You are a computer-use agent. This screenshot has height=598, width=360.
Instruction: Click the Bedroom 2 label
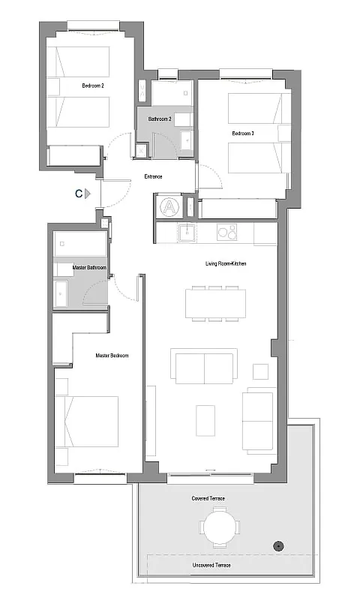tap(93, 86)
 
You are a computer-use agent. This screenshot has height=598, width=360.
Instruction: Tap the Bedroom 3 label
tap(243, 134)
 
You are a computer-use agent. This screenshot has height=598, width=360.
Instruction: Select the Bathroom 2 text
tap(160, 119)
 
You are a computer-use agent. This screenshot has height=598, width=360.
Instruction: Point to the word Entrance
tap(153, 176)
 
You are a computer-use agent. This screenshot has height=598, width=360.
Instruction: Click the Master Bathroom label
tap(89, 268)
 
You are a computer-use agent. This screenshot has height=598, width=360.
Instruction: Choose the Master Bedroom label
tap(112, 356)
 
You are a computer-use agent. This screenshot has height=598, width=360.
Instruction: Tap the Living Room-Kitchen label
tap(226, 263)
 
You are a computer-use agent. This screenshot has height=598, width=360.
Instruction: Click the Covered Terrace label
tap(208, 498)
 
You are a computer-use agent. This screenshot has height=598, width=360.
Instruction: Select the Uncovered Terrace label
tap(211, 565)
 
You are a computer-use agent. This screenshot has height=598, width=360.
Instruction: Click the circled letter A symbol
tap(169, 207)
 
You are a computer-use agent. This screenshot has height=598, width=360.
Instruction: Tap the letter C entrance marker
tap(79, 194)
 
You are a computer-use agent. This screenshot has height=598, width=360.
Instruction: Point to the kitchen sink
tap(187, 233)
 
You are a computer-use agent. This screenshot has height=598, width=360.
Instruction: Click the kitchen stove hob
tap(227, 232)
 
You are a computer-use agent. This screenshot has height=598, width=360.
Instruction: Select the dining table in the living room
tap(215, 304)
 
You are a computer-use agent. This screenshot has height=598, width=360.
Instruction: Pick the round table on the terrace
tap(219, 527)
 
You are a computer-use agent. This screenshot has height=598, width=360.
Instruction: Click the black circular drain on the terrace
tap(279, 546)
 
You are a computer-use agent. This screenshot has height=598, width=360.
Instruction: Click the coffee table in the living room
tap(205, 420)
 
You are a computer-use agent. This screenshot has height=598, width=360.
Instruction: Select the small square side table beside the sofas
tap(260, 372)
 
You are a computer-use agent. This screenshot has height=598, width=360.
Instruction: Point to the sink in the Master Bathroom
tap(61, 293)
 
